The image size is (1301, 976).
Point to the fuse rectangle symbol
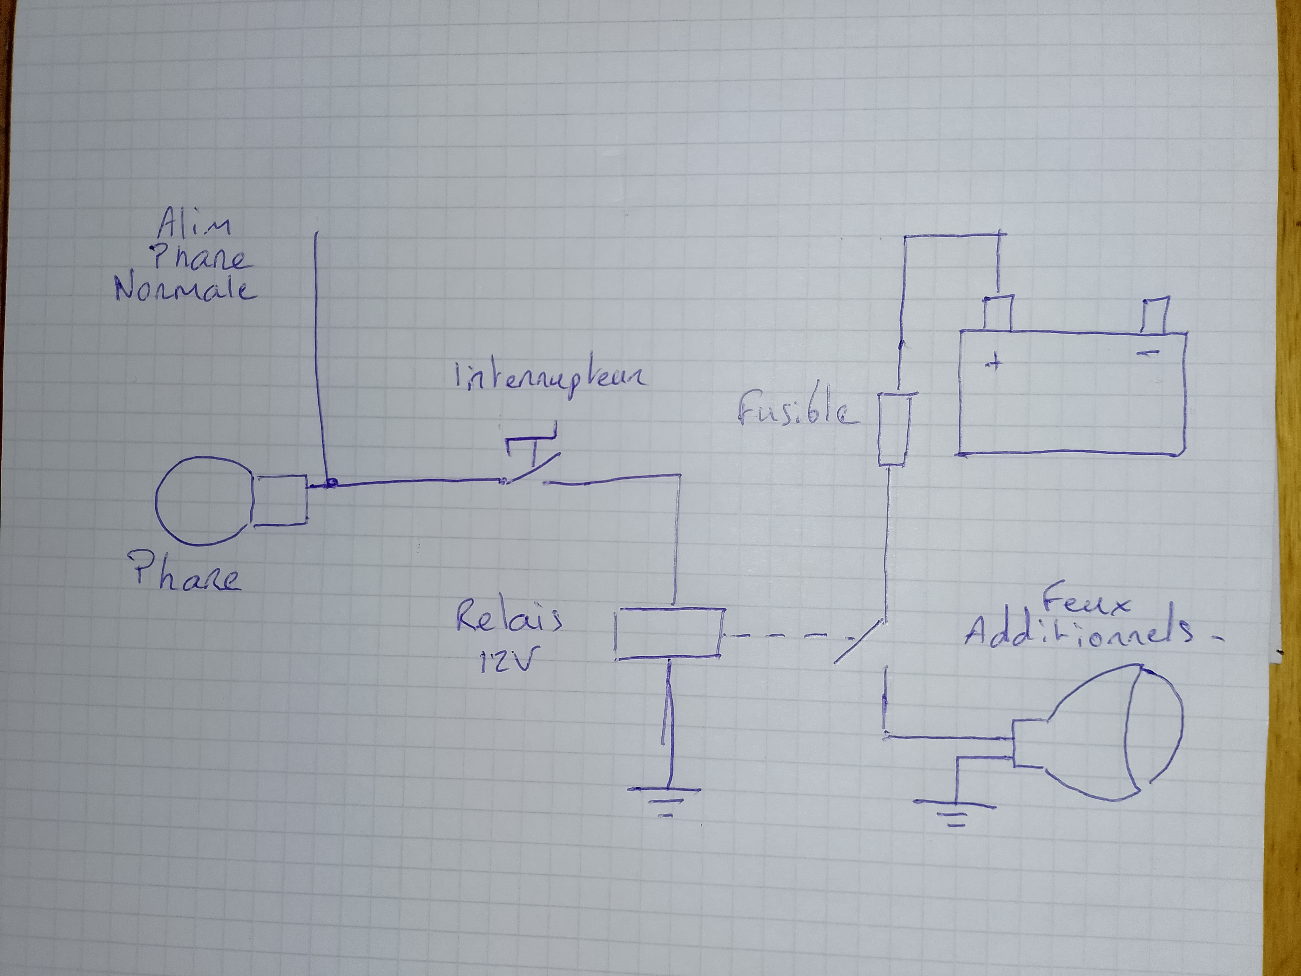tap(894, 430)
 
